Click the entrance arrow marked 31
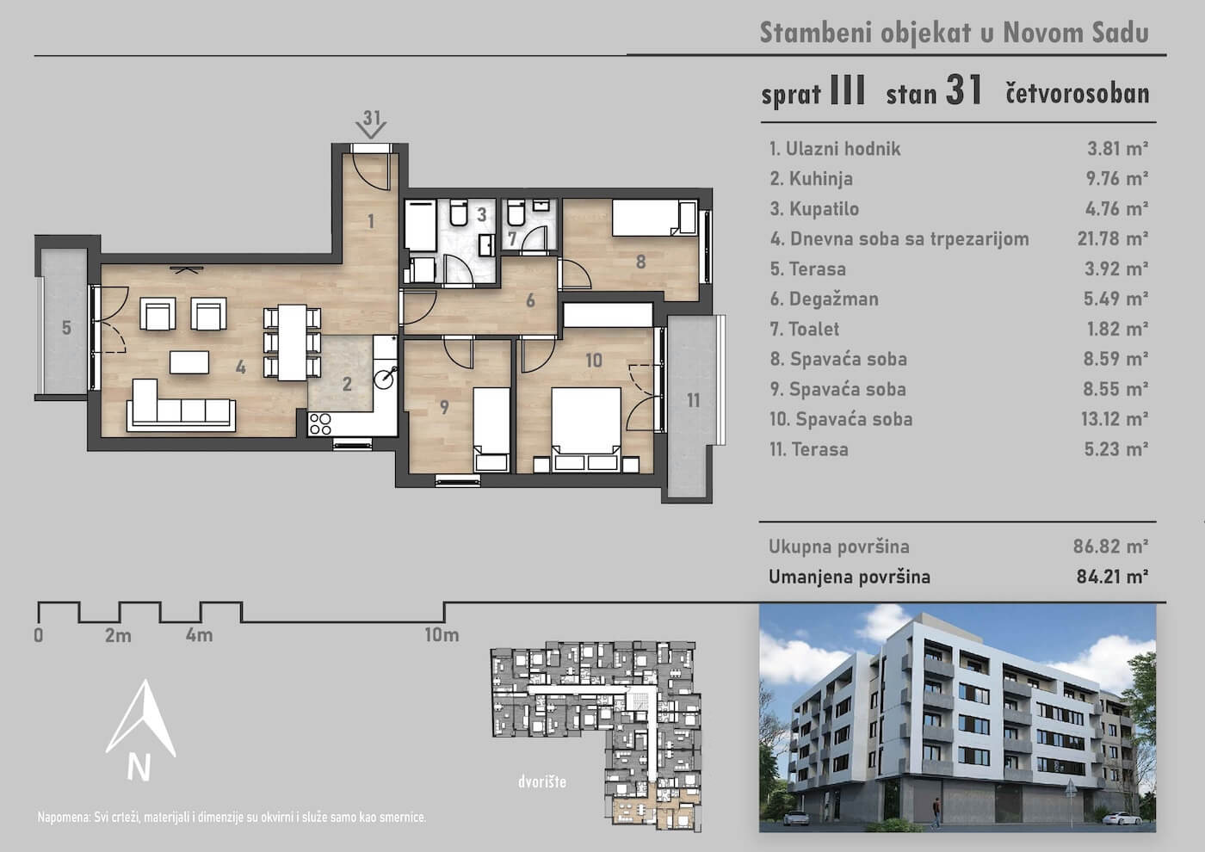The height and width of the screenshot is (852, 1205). click(x=371, y=129)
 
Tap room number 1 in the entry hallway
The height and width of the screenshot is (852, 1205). click(x=371, y=221)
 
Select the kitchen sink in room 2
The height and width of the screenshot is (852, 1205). click(x=386, y=378)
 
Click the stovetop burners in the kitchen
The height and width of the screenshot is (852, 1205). click(x=320, y=423)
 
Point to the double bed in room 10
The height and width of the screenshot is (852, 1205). click(x=586, y=429)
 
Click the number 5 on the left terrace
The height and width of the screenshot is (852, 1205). click(x=66, y=328)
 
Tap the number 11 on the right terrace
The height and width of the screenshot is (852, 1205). click(x=693, y=400)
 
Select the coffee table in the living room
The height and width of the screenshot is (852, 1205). click(x=189, y=362)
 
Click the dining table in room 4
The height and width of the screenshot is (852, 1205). click(x=292, y=343)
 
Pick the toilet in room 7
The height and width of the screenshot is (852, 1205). click(x=516, y=213)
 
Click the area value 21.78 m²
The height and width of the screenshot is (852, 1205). click(x=1112, y=238)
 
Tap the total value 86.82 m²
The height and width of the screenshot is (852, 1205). click(x=1110, y=546)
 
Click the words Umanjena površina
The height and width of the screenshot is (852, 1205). click(x=849, y=577)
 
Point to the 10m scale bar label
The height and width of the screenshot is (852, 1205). click(x=442, y=635)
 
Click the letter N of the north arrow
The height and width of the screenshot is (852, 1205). click(x=139, y=768)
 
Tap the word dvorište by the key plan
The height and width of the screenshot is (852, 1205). click(x=542, y=781)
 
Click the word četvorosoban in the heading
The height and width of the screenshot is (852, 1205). click(x=1078, y=93)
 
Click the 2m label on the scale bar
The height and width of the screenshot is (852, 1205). click(x=119, y=635)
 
